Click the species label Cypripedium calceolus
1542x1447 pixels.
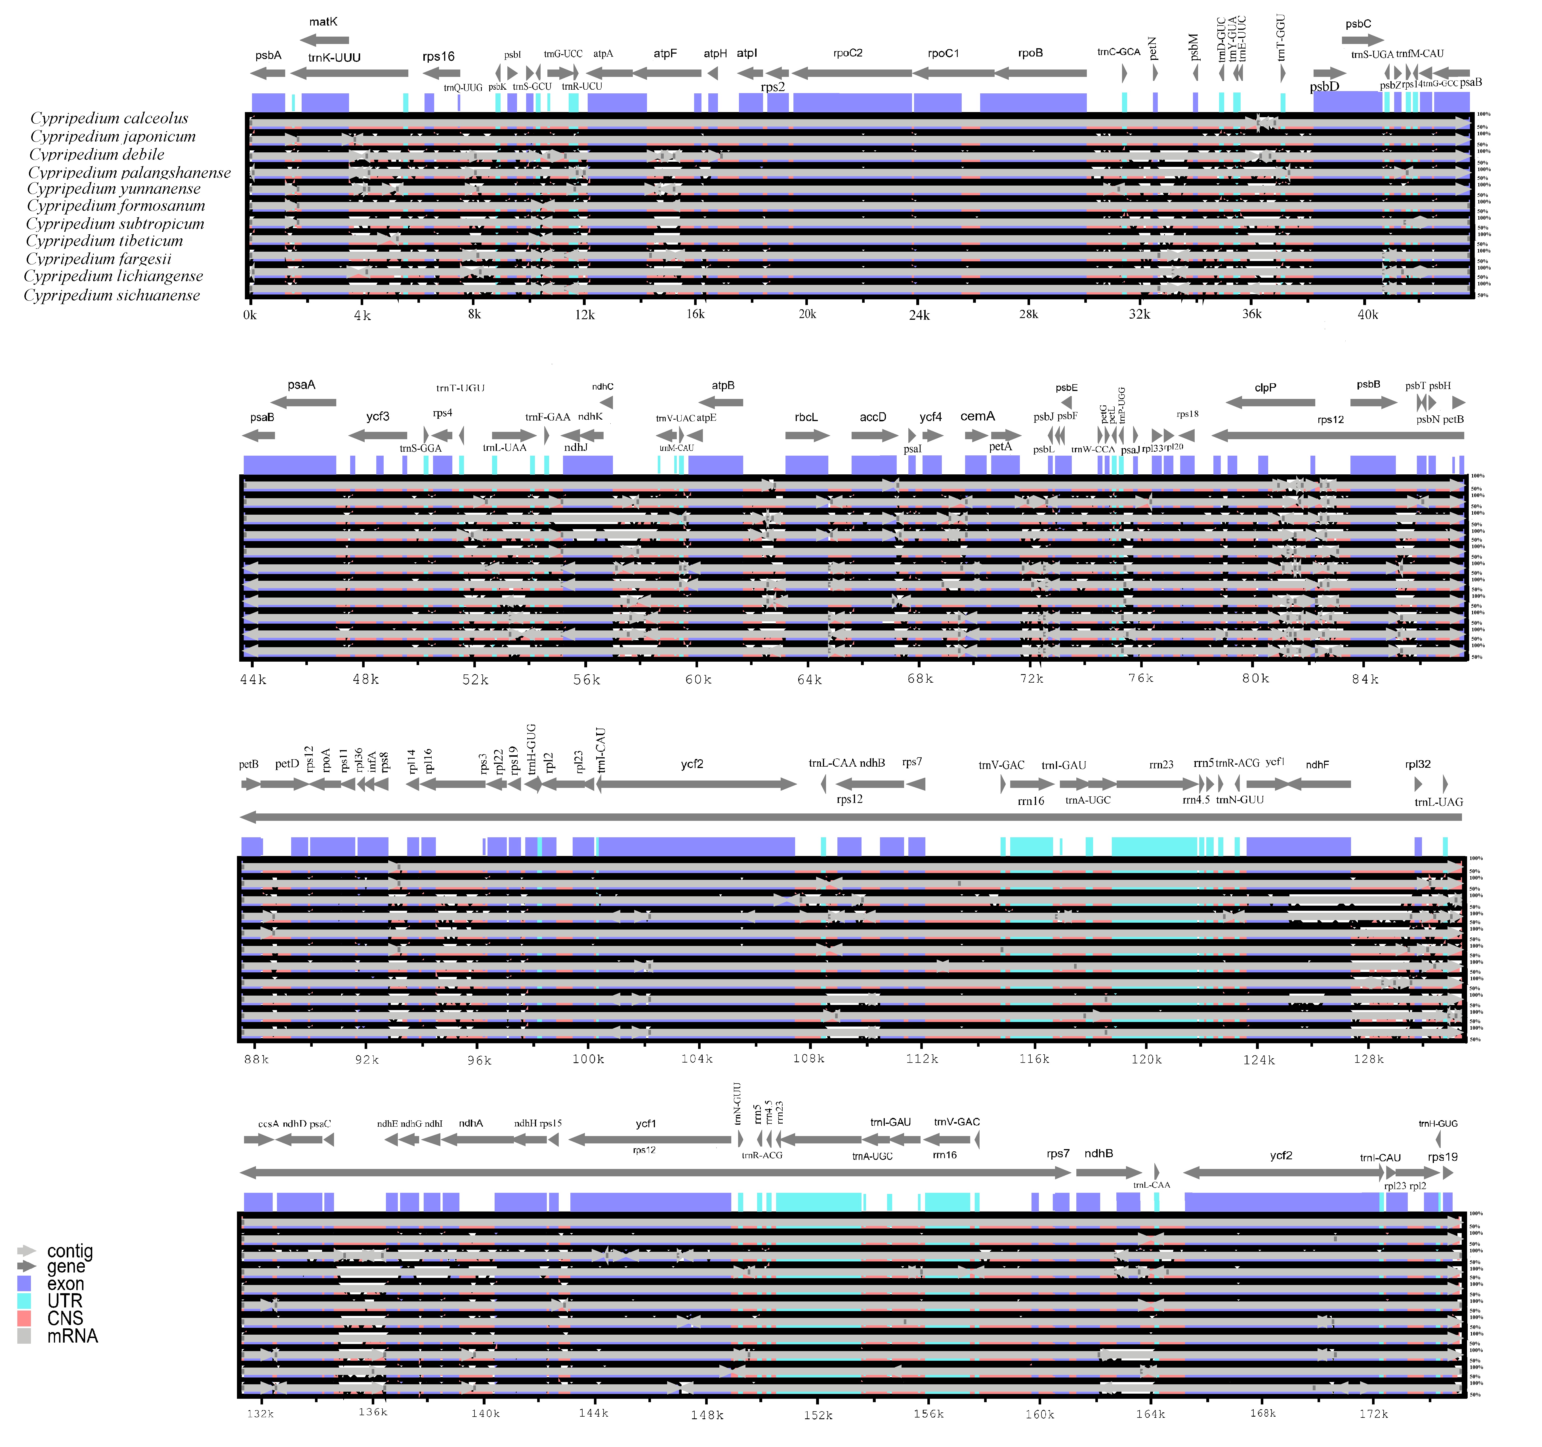click(x=109, y=118)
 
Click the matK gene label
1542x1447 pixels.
click(x=323, y=22)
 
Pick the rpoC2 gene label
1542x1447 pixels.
click(x=848, y=53)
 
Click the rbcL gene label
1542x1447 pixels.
click(x=806, y=417)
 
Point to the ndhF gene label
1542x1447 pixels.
click(x=1317, y=765)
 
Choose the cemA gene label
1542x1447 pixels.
click(x=977, y=417)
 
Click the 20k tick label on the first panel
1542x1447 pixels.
click(x=807, y=314)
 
